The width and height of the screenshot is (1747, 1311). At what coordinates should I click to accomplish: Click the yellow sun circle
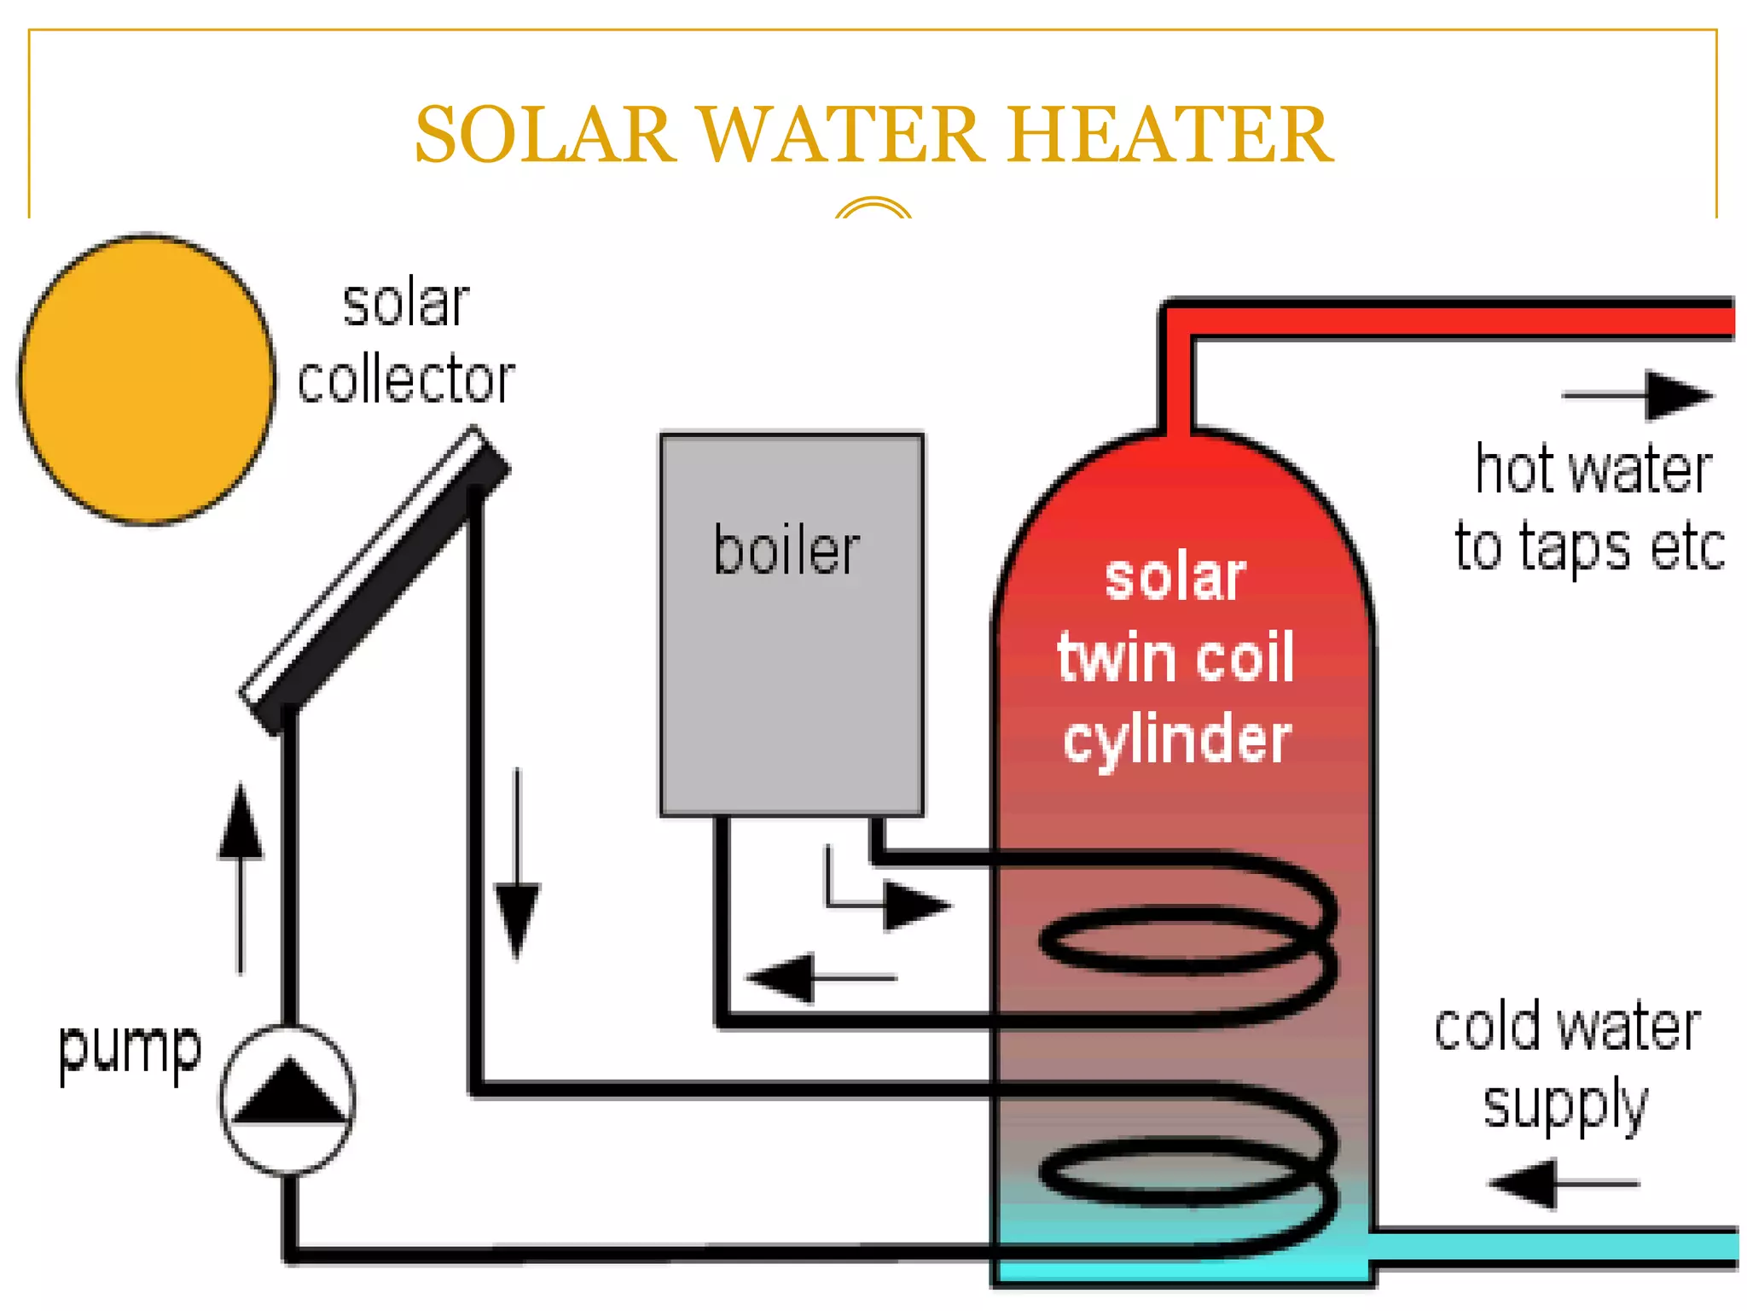(147, 379)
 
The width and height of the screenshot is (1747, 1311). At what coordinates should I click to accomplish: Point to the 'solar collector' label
(406, 341)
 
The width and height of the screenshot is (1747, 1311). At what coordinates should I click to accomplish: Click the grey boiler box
(792, 666)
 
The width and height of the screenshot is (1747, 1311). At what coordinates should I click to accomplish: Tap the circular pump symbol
(288, 1099)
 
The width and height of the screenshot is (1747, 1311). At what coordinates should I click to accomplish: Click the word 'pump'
(130, 1050)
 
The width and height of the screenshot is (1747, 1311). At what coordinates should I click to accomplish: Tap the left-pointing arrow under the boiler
(819, 977)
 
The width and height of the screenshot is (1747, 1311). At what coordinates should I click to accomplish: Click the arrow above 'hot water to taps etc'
(1638, 395)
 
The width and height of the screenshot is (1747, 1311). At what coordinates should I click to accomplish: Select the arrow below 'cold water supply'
(1564, 1184)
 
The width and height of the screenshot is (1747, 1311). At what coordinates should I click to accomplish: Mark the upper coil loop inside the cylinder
(1186, 939)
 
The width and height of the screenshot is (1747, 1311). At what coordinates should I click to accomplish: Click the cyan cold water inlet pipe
(1553, 1247)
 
